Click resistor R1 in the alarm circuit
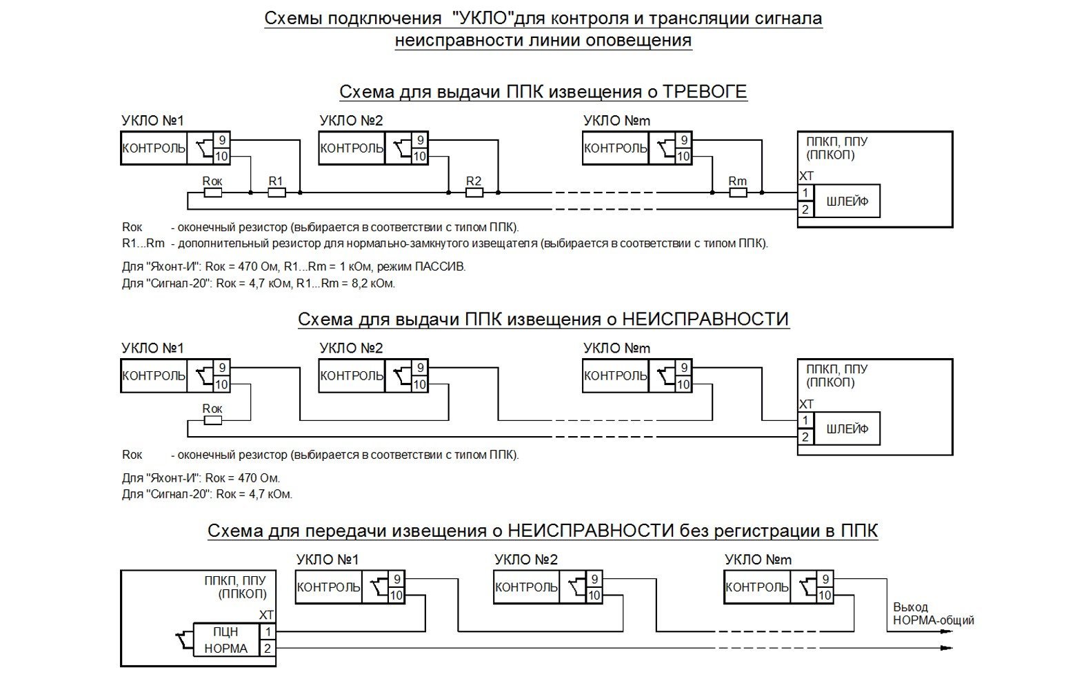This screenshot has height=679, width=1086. pos(276,193)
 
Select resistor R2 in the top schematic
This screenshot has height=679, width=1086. pos(474,193)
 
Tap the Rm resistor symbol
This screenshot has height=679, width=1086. pos(738,193)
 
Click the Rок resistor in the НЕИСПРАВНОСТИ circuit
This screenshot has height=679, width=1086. pos(213,420)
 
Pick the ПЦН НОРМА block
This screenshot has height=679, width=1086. pos(226,640)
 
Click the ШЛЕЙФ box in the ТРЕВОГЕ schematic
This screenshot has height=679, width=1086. pos(847,201)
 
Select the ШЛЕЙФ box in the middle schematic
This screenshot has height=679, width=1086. pos(847,429)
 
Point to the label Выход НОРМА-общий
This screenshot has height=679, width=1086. pos(934,613)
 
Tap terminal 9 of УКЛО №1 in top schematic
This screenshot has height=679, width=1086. pos(222,140)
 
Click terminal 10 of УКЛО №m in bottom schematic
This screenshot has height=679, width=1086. pos(825,595)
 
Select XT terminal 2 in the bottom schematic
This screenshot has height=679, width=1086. pos(268,649)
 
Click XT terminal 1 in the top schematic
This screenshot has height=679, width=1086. pos(806,193)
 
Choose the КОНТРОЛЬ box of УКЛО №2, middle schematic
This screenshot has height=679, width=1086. pos(352,375)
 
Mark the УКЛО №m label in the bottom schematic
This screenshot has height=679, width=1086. pos(758,560)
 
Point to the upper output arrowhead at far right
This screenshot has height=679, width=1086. pos(946,631)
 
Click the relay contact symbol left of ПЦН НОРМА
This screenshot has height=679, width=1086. pos(184,640)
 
